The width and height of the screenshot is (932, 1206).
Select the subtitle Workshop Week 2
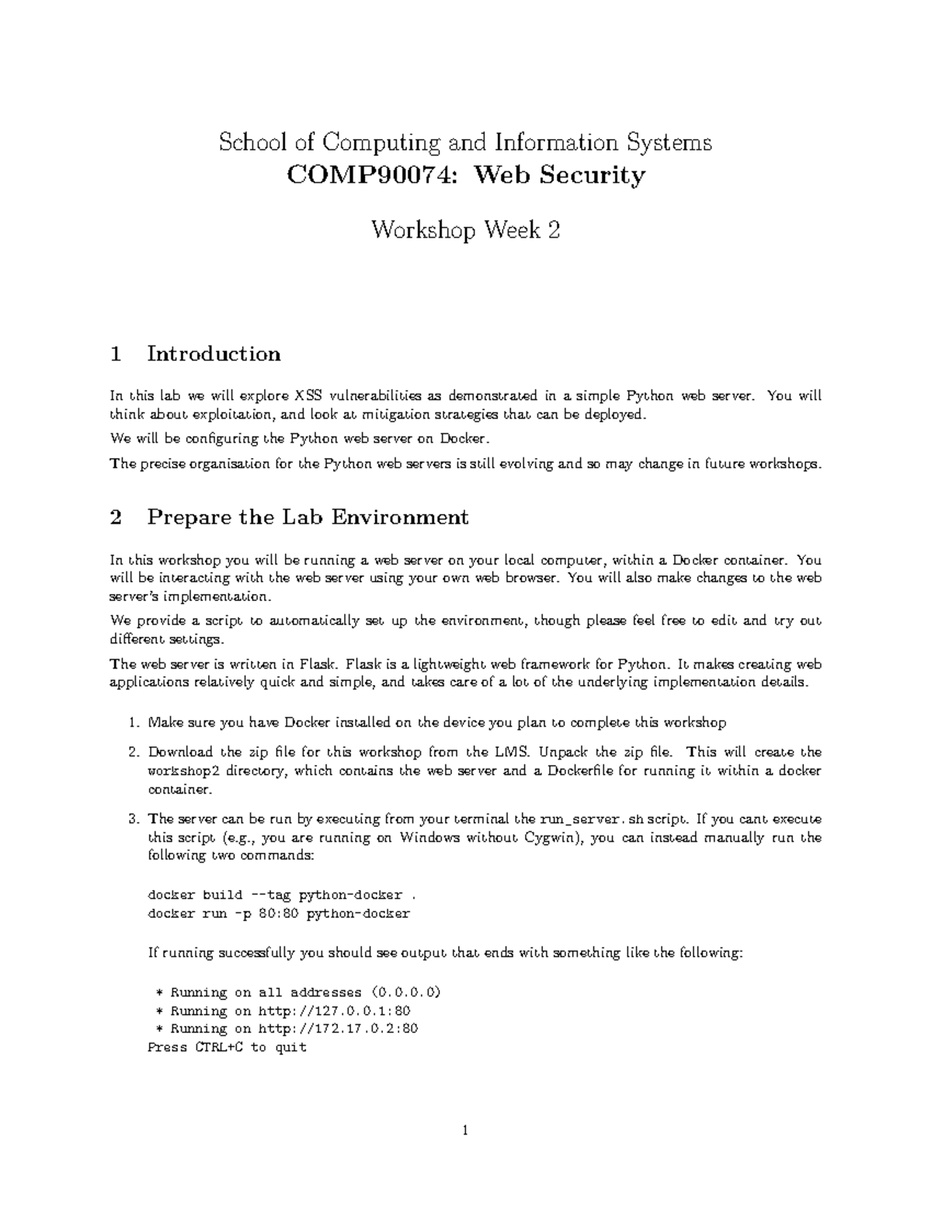[x=465, y=230]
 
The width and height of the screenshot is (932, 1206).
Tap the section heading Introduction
[x=214, y=354]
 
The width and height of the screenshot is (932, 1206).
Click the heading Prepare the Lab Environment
[x=308, y=517]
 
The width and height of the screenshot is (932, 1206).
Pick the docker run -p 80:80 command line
[x=278, y=913]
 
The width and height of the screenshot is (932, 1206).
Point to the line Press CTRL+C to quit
[x=227, y=1048]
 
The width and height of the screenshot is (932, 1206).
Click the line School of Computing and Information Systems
[x=465, y=143]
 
